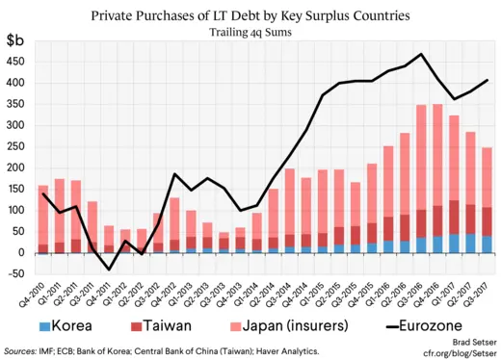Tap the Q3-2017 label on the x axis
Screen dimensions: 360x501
click(478, 285)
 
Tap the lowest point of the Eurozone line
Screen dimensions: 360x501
click(109, 270)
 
